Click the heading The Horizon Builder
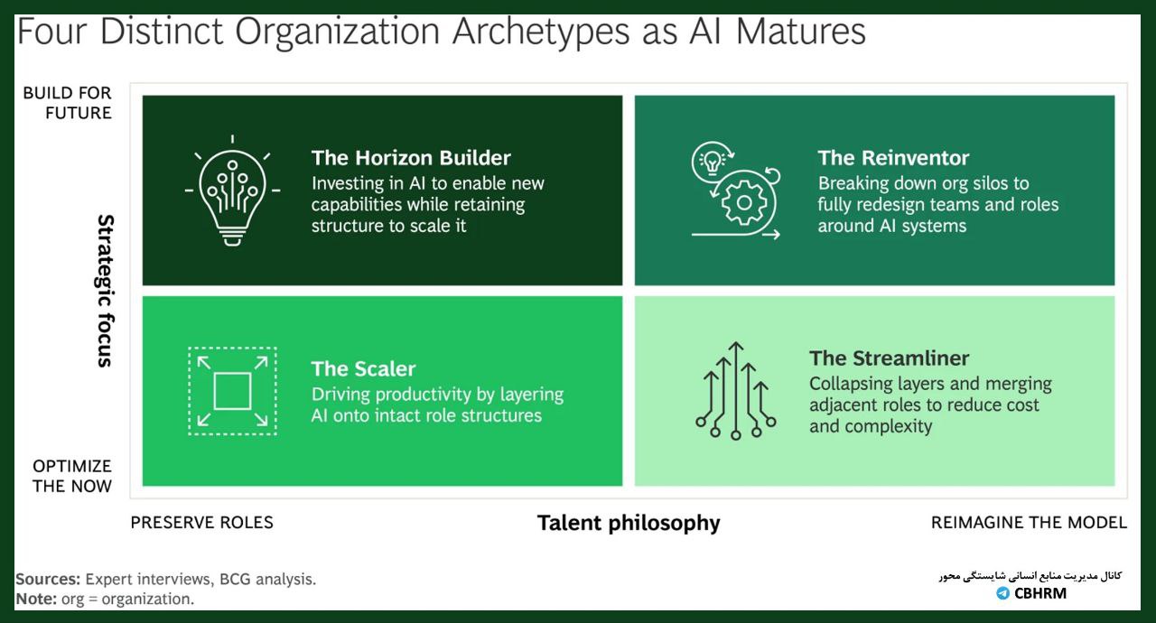[x=411, y=158]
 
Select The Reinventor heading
[x=893, y=158]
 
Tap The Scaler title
[x=363, y=368]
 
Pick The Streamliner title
[x=890, y=358]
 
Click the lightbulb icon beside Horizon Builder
[x=232, y=191]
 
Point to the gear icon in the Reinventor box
[x=743, y=202]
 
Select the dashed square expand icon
[x=232, y=391]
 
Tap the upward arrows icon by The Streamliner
[x=735, y=390]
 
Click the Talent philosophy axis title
[x=629, y=523]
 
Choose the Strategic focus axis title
[x=105, y=291]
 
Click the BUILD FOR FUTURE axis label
[x=67, y=103]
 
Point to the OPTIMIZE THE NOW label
[x=71, y=476]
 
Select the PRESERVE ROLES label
[x=201, y=523]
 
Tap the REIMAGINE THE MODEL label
[x=1029, y=523]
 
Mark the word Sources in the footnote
[x=48, y=579]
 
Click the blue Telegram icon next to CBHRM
[x=1002, y=593]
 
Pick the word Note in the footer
[x=36, y=599]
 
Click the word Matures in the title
[x=801, y=32]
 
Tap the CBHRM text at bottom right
[x=1040, y=593]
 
